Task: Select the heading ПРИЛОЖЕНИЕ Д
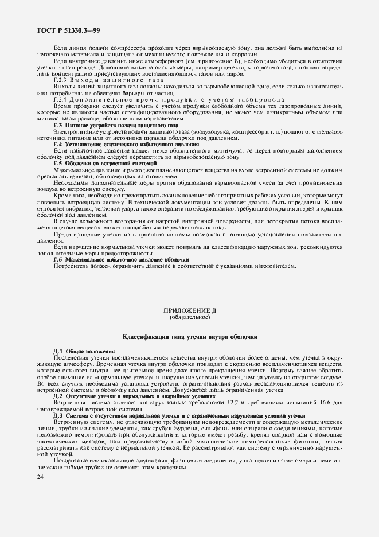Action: (190, 310)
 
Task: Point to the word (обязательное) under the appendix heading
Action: (190, 317)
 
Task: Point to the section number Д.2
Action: (58, 396)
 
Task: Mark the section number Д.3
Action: (58, 415)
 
